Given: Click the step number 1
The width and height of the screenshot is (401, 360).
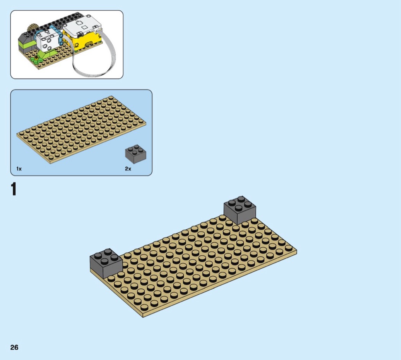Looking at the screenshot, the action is coord(14,189).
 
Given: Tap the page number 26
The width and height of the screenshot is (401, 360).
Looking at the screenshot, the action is coord(15,347).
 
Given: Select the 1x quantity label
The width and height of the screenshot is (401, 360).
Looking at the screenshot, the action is coord(19,169).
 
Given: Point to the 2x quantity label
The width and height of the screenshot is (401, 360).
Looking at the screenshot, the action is coord(128,169).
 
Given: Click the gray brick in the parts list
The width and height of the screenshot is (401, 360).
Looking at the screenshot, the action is coord(136,154).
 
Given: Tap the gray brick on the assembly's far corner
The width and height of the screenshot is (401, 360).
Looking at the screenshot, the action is coord(240,210).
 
